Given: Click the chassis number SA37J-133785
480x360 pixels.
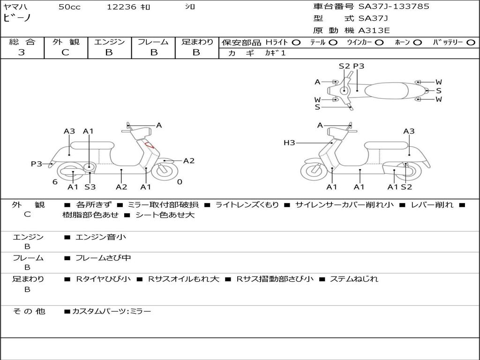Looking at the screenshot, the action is (x=394, y=7).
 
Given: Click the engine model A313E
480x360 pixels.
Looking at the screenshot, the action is (x=374, y=31).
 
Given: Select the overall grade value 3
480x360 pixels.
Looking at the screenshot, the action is (x=22, y=52).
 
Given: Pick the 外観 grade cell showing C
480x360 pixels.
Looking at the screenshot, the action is (x=65, y=52).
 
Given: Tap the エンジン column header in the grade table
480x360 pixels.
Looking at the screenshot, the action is (x=109, y=42).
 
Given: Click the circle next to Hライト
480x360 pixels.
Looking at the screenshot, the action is (x=296, y=42).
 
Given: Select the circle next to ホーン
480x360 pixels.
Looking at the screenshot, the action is (x=418, y=42).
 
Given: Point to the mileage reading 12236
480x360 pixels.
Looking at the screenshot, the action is (x=121, y=7).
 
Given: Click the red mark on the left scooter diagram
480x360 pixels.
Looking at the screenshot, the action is (x=150, y=145).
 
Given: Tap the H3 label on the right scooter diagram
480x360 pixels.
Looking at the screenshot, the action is (x=289, y=142).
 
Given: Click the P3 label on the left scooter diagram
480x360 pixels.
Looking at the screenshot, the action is (x=37, y=164).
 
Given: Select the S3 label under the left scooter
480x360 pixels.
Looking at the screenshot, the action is (x=90, y=187).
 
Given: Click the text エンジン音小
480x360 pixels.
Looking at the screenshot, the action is (x=101, y=237).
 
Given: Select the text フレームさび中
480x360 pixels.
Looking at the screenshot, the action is (x=103, y=258).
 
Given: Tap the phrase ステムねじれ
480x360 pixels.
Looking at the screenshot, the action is (x=354, y=279).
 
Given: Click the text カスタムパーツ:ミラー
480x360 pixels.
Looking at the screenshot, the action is (x=112, y=311).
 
